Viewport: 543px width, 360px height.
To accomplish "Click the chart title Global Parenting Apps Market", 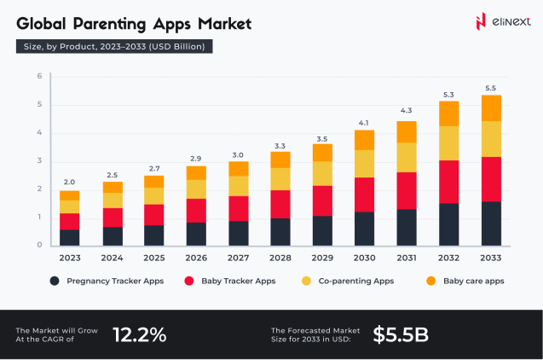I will point(134,23).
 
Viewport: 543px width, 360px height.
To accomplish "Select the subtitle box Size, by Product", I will point(114,47).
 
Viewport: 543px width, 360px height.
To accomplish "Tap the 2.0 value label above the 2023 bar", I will point(69,183).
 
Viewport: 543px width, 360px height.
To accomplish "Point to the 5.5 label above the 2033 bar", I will point(490,88).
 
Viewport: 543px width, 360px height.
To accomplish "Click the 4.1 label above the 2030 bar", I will point(365,122).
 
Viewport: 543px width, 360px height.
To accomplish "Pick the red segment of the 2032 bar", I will point(448,182).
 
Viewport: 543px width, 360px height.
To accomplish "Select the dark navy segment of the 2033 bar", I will point(490,224).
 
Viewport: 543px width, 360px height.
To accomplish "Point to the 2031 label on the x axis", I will point(407,257).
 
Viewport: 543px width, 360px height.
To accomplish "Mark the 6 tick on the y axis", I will point(39,77).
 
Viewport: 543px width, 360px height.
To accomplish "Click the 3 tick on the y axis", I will point(39,161).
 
